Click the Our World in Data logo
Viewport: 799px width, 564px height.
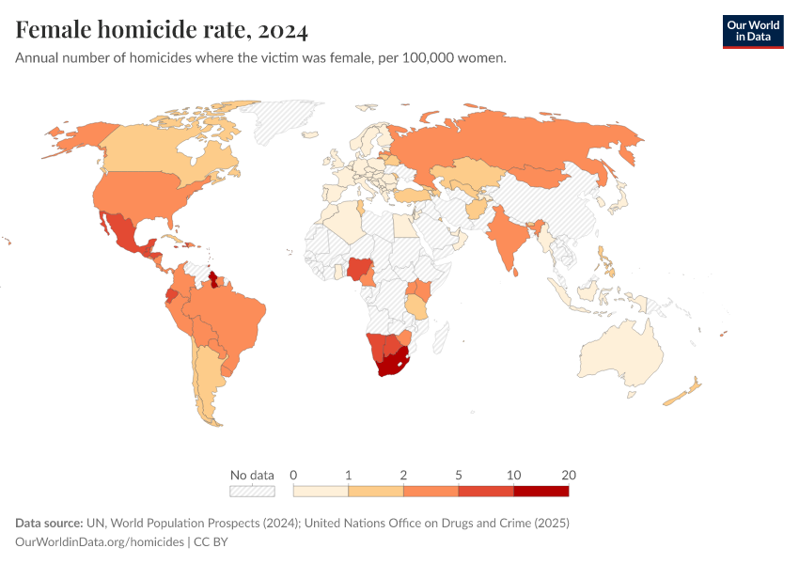coord(752,31)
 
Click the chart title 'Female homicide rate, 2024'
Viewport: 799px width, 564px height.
coord(162,31)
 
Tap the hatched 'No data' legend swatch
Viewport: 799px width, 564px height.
coord(252,491)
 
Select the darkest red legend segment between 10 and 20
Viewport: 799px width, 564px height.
coord(541,491)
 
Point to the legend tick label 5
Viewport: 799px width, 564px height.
coord(459,475)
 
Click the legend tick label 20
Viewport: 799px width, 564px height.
coord(568,475)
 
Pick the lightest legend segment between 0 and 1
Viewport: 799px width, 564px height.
coord(321,491)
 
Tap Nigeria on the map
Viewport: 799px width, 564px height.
coord(359,270)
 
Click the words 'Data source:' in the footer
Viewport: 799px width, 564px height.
coord(48,523)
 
